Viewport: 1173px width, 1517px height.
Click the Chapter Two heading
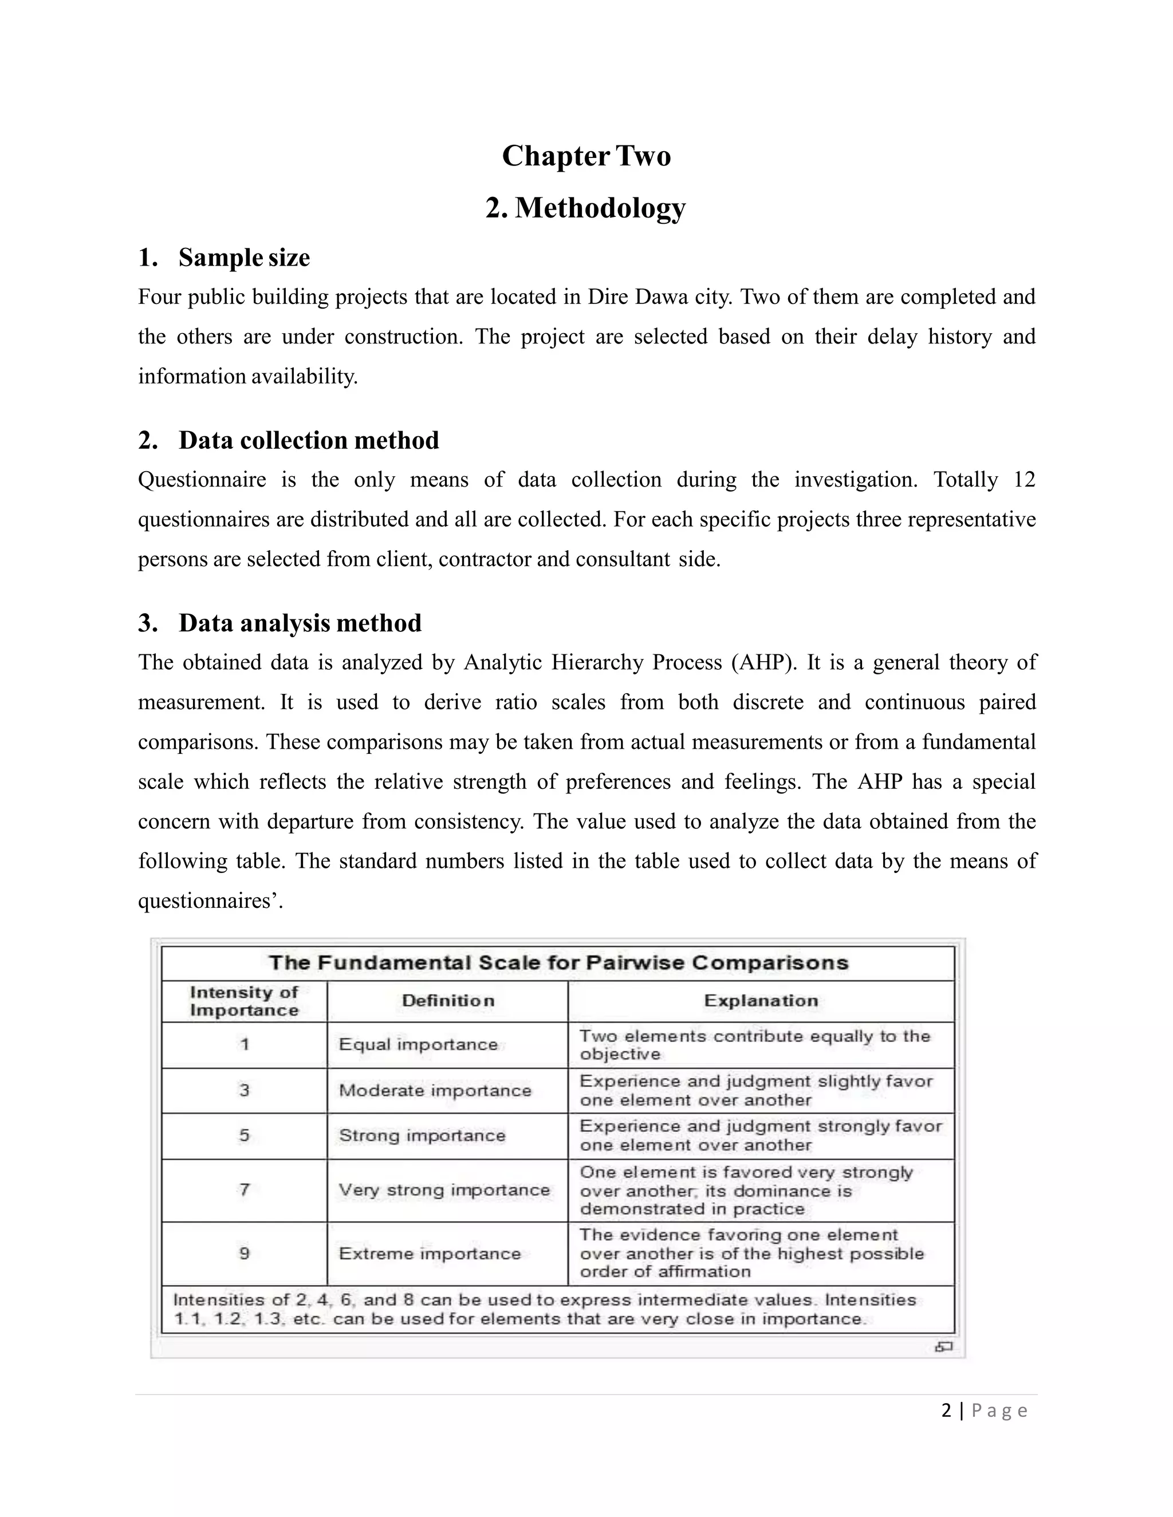[x=586, y=156]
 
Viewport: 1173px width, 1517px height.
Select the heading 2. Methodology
[x=586, y=208]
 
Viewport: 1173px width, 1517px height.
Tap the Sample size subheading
[x=243, y=258]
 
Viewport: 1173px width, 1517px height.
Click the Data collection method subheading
[x=309, y=440]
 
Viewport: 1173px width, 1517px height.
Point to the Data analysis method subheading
[x=300, y=623]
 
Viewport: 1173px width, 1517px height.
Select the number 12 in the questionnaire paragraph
[x=1024, y=480]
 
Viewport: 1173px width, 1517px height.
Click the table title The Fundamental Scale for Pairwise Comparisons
[x=558, y=963]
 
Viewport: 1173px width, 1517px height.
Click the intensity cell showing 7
[x=245, y=1190]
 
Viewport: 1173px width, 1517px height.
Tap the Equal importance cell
[x=418, y=1045]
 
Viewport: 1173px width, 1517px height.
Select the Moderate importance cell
[x=435, y=1091]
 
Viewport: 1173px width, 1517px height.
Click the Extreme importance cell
[x=430, y=1254]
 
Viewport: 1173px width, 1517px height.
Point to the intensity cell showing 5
[x=245, y=1136]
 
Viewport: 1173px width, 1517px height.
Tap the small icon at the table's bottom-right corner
[x=943, y=1347]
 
